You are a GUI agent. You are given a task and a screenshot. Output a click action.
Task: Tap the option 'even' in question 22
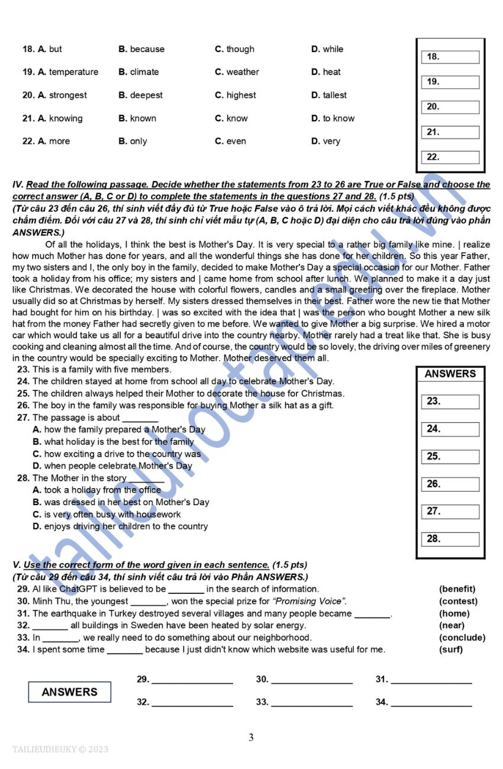point(236,141)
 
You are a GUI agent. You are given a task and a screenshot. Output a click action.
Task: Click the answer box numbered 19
point(450,82)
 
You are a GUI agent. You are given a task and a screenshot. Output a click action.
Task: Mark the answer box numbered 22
point(450,157)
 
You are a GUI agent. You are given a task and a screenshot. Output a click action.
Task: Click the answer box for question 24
point(450,429)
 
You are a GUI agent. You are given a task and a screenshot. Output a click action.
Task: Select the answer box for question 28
point(450,539)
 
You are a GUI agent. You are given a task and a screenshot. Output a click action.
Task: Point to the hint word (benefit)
point(457,589)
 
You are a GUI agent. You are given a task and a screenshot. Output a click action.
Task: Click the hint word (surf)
point(451,650)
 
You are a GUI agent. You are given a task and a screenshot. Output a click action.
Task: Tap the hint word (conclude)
point(462,638)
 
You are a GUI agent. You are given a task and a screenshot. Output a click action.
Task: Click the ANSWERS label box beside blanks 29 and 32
point(69,692)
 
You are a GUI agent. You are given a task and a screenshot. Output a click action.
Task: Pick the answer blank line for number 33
point(311,703)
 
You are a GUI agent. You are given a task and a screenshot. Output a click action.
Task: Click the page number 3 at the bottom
point(251,738)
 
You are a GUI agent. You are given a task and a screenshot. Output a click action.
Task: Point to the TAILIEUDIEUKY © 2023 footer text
point(60,749)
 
